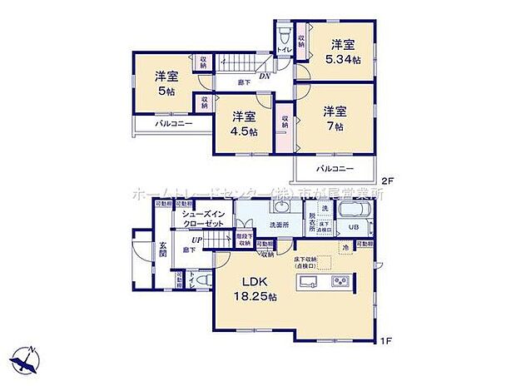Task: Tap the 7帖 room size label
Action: (335, 126)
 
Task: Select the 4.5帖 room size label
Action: (244, 131)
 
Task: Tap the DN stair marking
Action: (265, 76)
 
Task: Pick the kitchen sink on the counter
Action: (305, 282)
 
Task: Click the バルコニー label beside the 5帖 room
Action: (173, 123)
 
